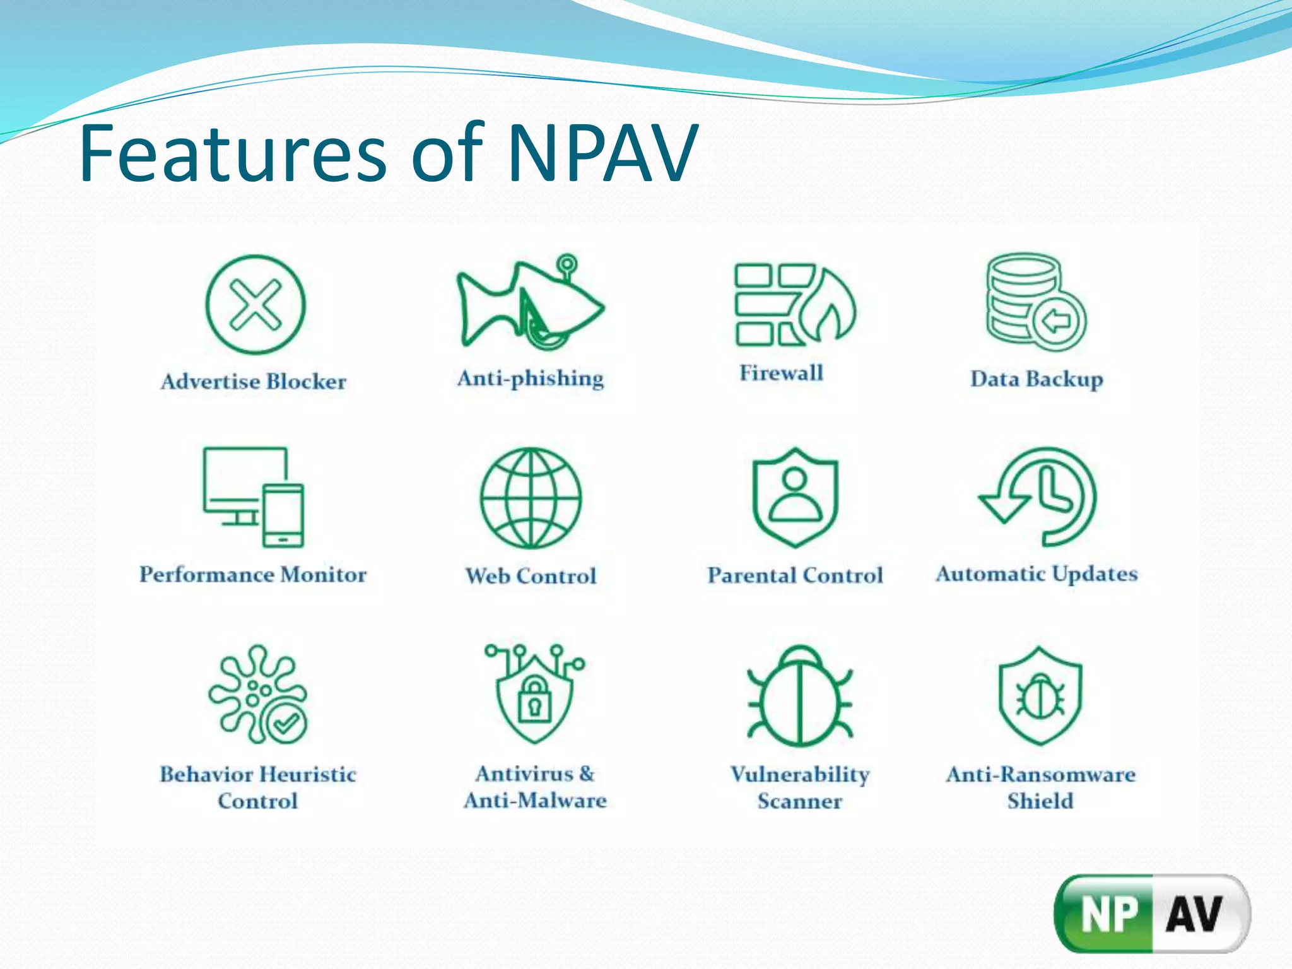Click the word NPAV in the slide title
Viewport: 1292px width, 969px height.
point(602,153)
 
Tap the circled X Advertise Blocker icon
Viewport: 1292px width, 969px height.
point(255,305)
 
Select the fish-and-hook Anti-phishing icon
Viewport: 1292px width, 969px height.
point(530,303)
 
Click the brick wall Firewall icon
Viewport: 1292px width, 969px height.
point(795,304)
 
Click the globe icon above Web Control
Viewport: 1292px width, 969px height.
point(531,498)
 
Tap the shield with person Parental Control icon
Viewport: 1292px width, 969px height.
point(796,497)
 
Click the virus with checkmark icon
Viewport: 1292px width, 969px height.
point(258,694)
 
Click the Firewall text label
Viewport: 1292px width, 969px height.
point(782,373)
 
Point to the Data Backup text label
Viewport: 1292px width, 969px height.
point(1037,379)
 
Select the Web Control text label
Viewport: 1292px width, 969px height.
point(531,576)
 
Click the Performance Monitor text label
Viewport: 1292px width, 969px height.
point(253,575)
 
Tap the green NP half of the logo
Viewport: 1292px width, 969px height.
point(1108,913)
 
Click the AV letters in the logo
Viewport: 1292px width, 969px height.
point(1194,913)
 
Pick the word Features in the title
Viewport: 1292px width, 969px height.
point(233,153)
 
